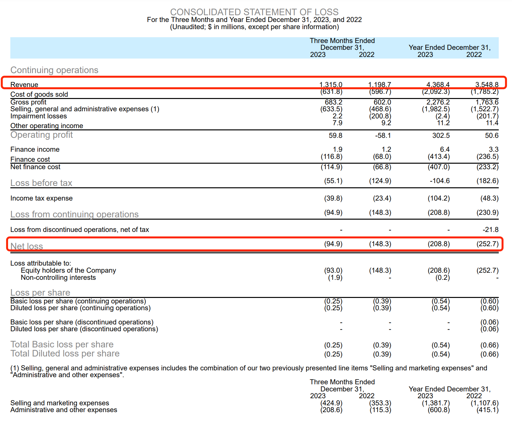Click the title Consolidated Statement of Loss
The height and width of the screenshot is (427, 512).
click(x=254, y=12)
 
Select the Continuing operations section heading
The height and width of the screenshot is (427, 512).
click(x=54, y=70)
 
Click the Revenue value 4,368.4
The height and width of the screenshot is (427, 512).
click(x=438, y=84)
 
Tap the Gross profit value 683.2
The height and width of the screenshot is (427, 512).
click(x=333, y=102)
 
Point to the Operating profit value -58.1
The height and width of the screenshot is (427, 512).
click(x=383, y=136)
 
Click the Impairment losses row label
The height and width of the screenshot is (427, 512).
click(x=38, y=116)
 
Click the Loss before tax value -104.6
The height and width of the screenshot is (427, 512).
click(x=440, y=181)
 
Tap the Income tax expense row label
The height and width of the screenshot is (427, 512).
click(x=41, y=198)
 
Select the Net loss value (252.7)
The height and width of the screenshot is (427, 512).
click(x=487, y=244)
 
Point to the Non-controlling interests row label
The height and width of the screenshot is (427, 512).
click(x=58, y=278)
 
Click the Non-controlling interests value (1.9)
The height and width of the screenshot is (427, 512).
click(x=335, y=278)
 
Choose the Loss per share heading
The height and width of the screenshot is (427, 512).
click(x=40, y=292)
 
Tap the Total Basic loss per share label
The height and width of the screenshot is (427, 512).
click(x=62, y=345)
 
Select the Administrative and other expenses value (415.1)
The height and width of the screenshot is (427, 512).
click(x=487, y=410)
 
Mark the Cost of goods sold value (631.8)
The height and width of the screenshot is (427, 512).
click(x=331, y=92)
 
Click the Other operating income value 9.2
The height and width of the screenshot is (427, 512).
click(x=386, y=123)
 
